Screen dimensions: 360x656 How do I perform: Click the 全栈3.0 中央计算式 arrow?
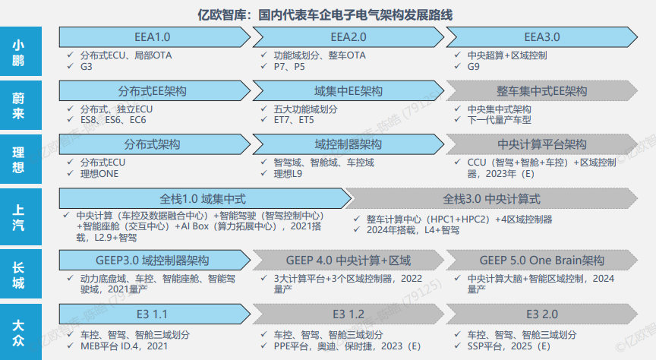492,199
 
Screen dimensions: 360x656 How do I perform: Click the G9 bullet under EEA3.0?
473,67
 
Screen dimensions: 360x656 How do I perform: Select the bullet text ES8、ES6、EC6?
113,120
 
